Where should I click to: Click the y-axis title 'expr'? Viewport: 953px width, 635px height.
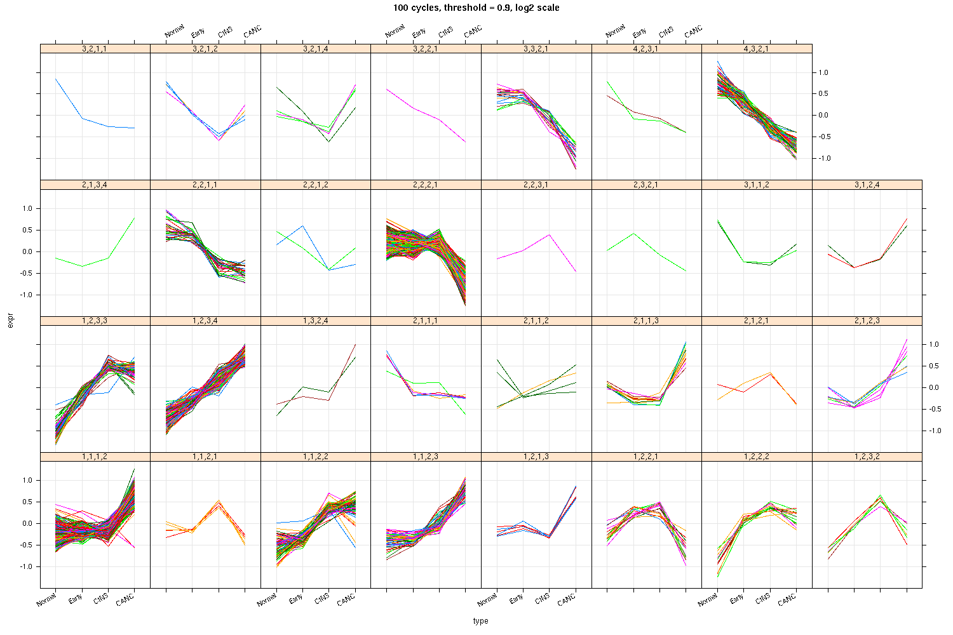[10, 322]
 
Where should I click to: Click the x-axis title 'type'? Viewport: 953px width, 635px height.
[480, 621]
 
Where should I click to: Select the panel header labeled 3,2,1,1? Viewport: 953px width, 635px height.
[95, 48]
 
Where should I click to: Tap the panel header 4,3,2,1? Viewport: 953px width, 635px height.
[757, 48]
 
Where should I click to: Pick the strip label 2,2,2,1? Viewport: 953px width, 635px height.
[426, 185]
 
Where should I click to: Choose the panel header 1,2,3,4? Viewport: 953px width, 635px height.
[205, 321]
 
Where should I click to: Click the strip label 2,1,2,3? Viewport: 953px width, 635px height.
[867, 321]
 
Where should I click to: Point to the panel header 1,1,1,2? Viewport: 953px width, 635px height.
[95, 457]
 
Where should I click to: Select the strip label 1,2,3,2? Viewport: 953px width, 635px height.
[867, 457]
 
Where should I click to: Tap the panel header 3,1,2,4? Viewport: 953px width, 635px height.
[867, 185]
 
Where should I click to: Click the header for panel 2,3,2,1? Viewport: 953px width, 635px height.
[646, 185]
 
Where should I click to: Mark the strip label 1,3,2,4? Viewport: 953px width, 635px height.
[315, 321]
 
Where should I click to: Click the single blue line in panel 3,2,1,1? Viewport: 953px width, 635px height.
[82, 118]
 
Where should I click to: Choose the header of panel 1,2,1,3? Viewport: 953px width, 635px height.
[536, 457]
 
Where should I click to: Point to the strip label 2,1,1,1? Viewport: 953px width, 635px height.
[426, 321]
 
